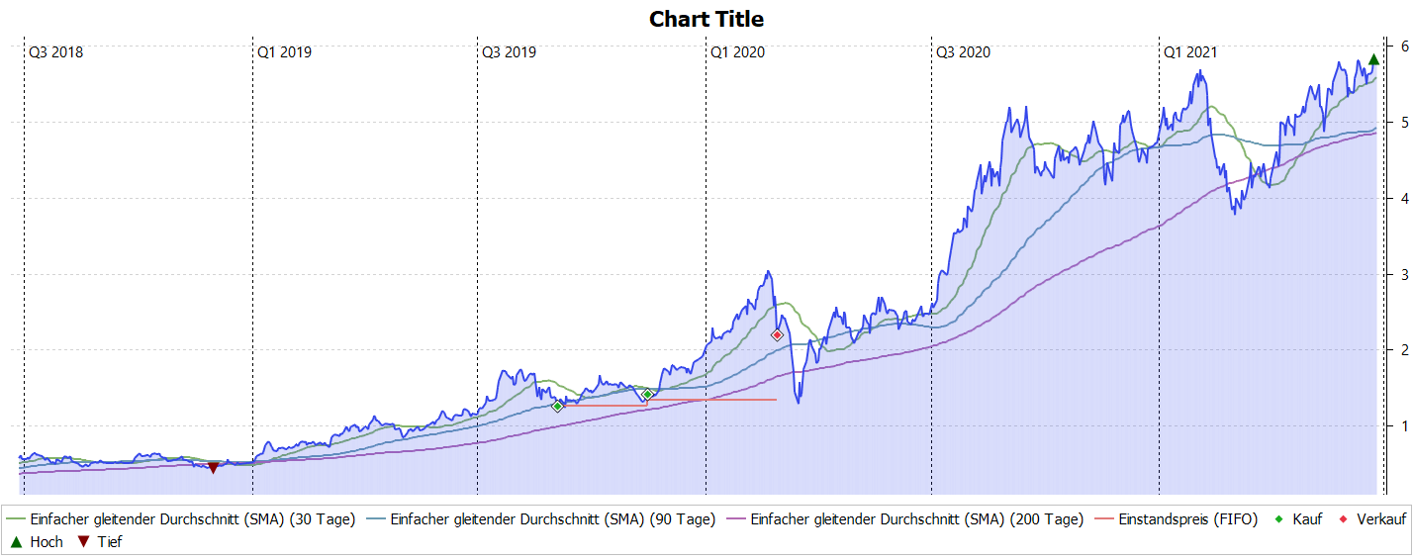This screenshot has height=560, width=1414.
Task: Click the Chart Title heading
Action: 706,19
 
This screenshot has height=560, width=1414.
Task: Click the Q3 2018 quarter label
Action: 55,51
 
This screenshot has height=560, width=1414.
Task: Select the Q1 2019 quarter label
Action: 284,51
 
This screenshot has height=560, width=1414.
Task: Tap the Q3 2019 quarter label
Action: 509,51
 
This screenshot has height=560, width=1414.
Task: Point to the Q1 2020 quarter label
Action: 737,51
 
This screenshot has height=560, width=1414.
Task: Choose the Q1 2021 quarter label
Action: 1190,51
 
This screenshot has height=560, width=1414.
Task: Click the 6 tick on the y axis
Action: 1403,47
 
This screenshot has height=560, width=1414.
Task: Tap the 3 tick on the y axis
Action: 1403,274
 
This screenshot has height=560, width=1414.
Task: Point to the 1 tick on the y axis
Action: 1403,426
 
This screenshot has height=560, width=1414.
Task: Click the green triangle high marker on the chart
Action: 1373,59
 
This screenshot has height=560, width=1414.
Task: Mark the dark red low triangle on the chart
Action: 213,468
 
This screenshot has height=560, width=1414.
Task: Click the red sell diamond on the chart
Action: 777,335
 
